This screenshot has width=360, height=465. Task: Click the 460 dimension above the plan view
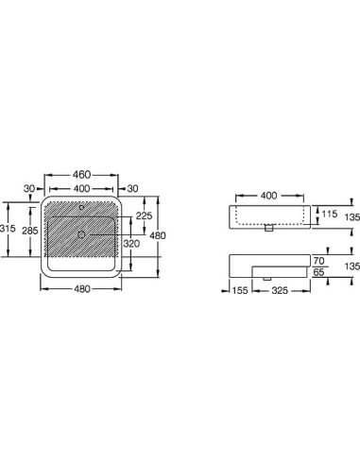coord(81,175)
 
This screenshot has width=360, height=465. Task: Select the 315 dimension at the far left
coord(7,228)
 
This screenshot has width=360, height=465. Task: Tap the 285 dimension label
coord(30,231)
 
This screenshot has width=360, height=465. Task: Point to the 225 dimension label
coord(144,215)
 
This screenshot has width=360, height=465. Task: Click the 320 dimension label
coord(131,244)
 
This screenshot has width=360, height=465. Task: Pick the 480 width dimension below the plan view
coord(82,289)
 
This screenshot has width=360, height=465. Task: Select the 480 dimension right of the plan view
coord(158,235)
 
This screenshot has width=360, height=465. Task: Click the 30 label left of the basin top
coord(29,188)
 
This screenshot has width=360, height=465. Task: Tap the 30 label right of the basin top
coord(132,188)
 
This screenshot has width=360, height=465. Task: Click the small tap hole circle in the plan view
coord(81,208)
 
